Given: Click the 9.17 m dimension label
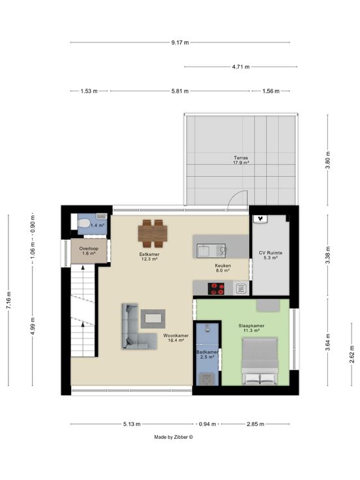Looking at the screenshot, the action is click(x=180, y=42).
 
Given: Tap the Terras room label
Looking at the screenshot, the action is click(x=241, y=158).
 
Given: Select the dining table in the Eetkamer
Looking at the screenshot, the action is click(x=153, y=233).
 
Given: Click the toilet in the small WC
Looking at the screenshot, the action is click(x=83, y=224).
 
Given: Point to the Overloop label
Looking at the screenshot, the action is click(x=89, y=248).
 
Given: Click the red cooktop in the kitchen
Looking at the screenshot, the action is click(x=216, y=289).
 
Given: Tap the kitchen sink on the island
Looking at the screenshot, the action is click(x=211, y=250).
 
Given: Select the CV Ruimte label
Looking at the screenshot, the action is click(x=270, y=253).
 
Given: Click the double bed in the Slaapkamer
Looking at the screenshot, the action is click(x=260, y=361).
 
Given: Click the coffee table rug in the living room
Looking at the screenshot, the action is click(x=153, y=319).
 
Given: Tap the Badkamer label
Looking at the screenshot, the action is click(x=207, y=352).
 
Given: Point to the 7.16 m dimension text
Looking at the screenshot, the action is click(x=8, y=300).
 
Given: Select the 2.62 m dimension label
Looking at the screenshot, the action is click(x=352, y=354).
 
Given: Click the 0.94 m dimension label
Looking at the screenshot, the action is click(x=207, y=424).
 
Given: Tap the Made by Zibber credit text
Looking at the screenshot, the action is click(x=173, y=437).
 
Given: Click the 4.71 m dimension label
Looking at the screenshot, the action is click(x=241, y=67).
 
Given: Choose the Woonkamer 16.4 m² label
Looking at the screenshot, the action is click(x=175, y=338).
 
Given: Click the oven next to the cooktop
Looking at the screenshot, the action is click(x=241, y=289).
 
